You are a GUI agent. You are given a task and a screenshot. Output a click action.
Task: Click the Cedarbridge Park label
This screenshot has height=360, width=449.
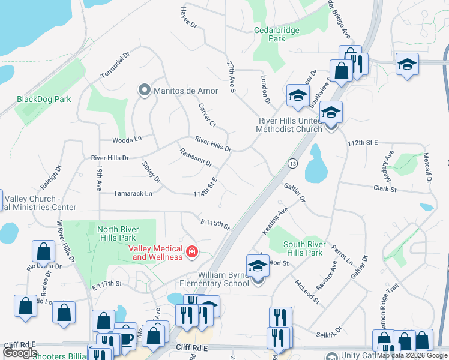pos(277,34)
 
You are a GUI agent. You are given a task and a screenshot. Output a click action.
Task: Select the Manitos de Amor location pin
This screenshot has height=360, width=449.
pos(144,91)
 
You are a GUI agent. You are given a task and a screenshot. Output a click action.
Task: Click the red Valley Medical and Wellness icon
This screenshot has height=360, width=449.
pos(191,251)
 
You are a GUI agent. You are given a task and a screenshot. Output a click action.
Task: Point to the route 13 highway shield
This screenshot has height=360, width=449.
pos(293,163)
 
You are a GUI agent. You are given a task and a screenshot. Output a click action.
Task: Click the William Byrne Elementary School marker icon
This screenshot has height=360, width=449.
pos(257,265)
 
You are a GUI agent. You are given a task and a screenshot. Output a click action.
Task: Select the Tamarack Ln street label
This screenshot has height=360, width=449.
pos(133,193)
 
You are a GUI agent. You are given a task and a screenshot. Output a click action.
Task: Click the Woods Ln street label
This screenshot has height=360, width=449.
pos(126,140)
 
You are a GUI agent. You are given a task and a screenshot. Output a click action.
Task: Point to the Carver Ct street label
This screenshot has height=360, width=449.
pos(207,115)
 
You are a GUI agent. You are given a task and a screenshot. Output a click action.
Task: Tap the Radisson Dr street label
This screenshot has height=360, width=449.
pos(196,158)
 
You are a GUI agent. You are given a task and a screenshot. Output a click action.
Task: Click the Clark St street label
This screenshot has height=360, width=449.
pos(385,188)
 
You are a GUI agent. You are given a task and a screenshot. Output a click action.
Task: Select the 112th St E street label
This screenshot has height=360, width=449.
pos(362,143)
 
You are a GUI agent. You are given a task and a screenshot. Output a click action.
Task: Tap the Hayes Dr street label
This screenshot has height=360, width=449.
pos(188,18)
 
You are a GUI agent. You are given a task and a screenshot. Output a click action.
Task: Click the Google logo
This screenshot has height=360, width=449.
pos(20,353)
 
